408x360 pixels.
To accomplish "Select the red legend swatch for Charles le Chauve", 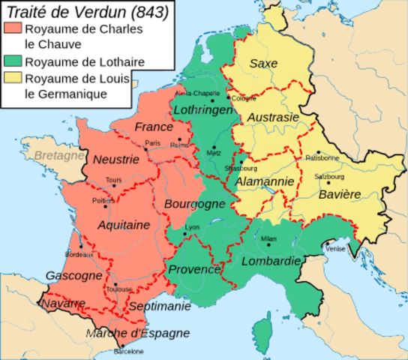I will (x=13, y=30).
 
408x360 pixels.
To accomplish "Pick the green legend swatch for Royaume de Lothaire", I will (x=13, y=61).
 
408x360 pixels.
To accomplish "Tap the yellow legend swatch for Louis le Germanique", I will (x=13, y=79).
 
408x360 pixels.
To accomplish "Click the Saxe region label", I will (x=263, y=64).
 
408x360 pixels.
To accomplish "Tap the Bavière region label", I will (x=336, y=194).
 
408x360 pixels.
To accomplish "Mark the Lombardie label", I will (x=271, y=261).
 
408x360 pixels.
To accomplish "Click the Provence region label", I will (x=193, y=270).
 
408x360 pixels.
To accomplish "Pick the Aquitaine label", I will (x=123, y=225).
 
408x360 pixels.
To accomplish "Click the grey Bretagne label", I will (x=58, y=156).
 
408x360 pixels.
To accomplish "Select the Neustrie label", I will (x=115, y=159).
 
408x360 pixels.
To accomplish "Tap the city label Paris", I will (x=153, y=142).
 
